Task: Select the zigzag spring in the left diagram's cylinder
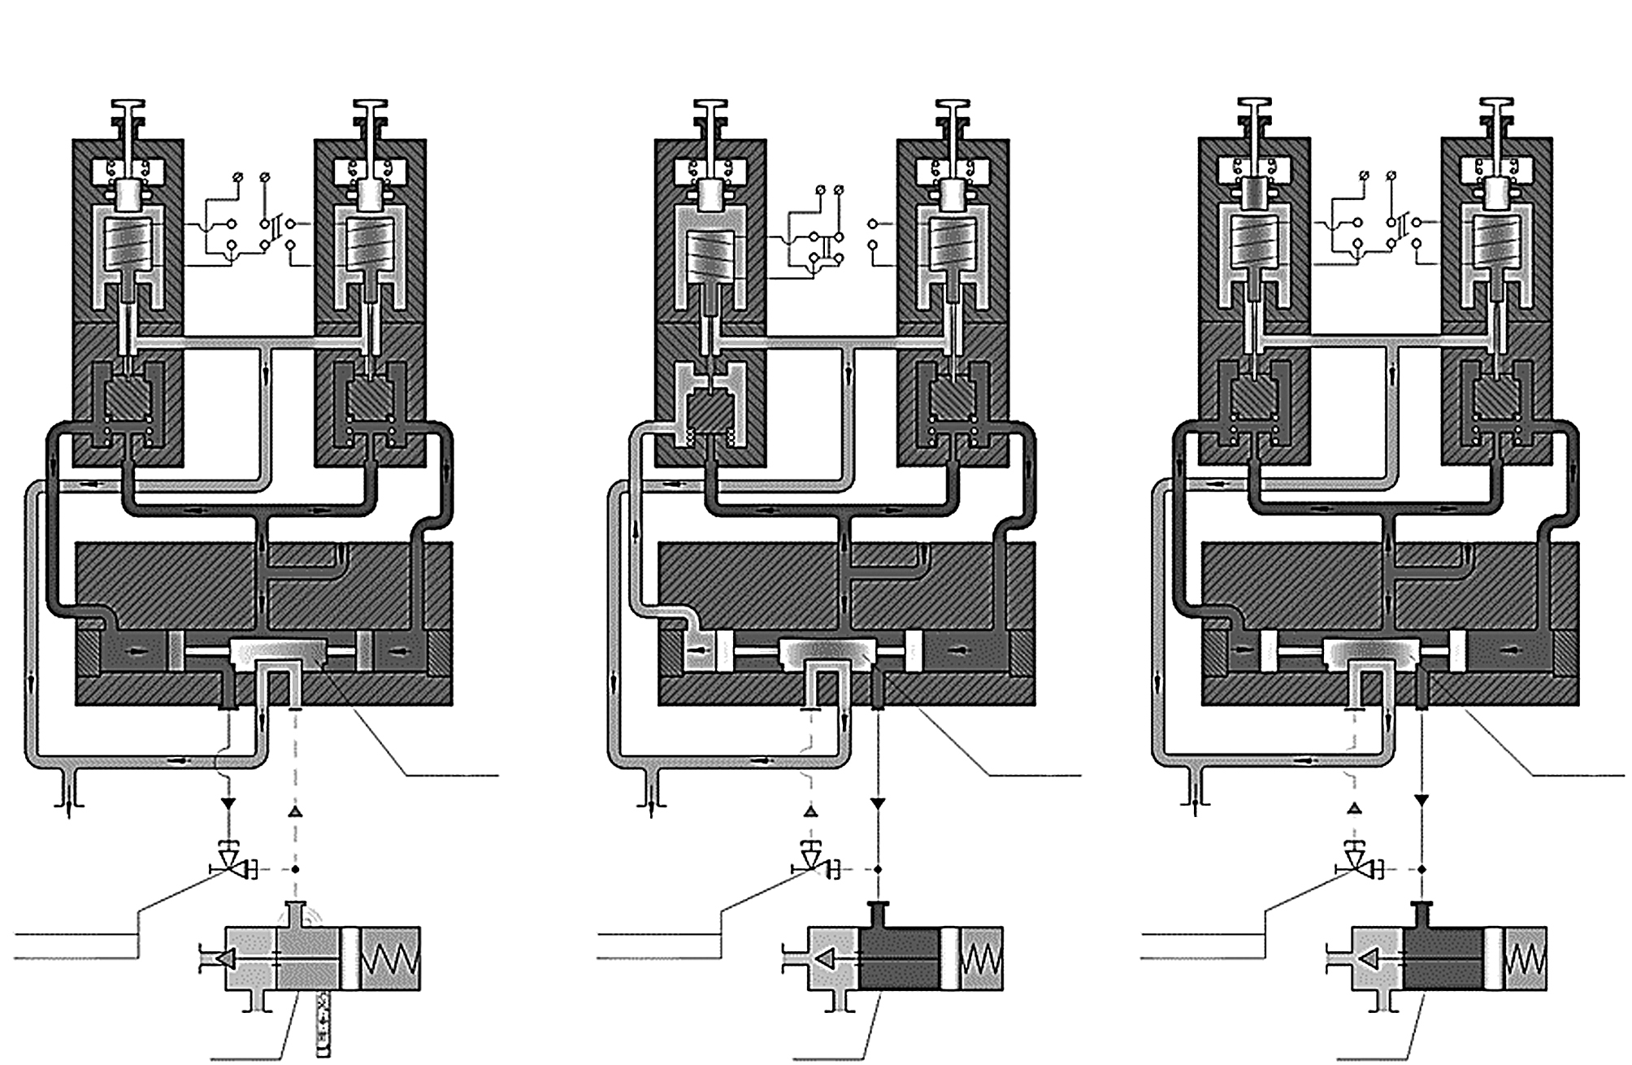click(390, 958)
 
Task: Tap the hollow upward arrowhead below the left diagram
click(295, 812)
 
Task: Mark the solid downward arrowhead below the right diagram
click(1421, 802)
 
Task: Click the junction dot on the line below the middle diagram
click(878, 870)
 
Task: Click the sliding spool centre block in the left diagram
click(279, 651)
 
